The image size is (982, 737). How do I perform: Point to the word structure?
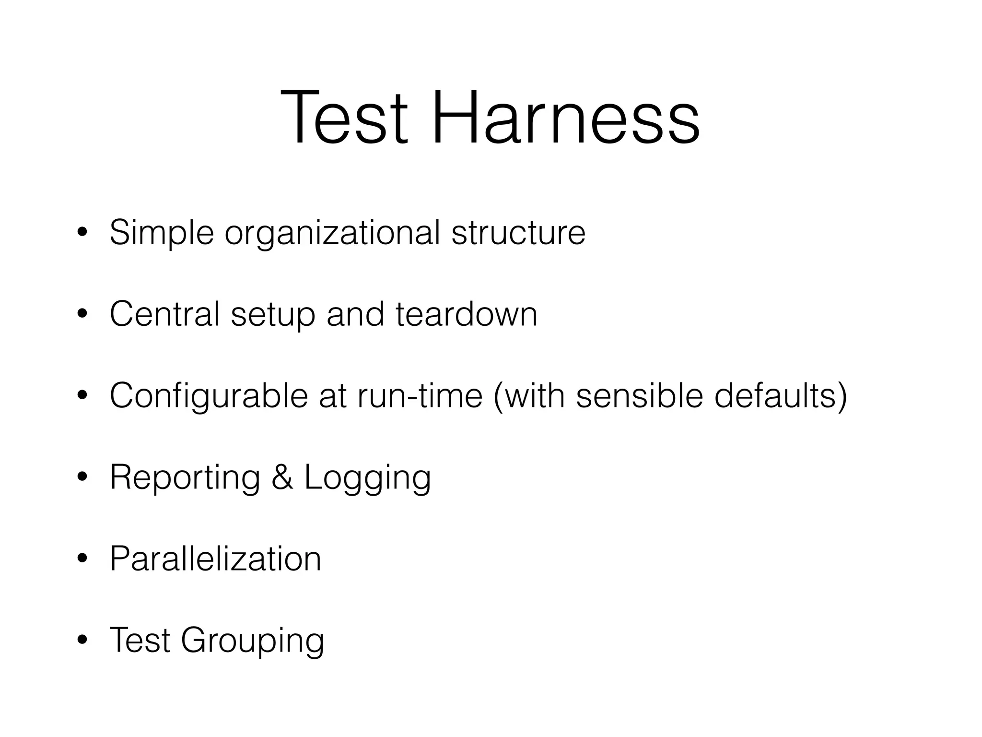(518, 233)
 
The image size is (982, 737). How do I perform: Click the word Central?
(164, 314)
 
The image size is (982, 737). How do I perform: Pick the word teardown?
(466, 314)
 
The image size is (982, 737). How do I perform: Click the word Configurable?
(209, 396)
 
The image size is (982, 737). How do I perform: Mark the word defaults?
(775, 396)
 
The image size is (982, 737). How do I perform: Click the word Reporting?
(185, 478)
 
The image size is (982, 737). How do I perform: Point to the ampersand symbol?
(282, 477)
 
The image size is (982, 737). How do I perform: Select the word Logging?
(368, 478)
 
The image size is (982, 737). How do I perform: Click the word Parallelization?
(215, 559)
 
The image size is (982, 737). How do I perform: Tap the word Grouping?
(253, 641)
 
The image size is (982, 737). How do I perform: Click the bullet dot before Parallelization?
(82, 559)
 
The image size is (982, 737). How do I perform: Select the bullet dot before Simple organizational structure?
(82, 233)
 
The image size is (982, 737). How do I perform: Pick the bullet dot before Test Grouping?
(82, 640)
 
